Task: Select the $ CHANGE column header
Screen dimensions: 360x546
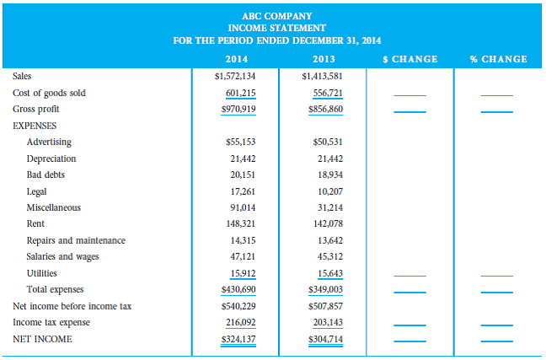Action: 409,59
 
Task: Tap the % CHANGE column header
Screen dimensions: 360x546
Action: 499,59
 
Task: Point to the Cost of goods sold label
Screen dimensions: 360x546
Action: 49,93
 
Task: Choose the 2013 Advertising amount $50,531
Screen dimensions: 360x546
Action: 327,142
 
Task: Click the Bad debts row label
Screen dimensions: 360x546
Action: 45,175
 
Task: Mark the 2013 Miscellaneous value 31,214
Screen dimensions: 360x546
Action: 328,207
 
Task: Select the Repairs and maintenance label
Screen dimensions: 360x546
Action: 76,240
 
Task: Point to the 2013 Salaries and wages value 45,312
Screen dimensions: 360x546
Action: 328,257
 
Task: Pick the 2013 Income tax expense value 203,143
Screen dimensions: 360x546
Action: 326,322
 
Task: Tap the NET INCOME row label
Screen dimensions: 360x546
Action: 42,339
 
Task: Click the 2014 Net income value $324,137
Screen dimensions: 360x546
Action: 239,339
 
